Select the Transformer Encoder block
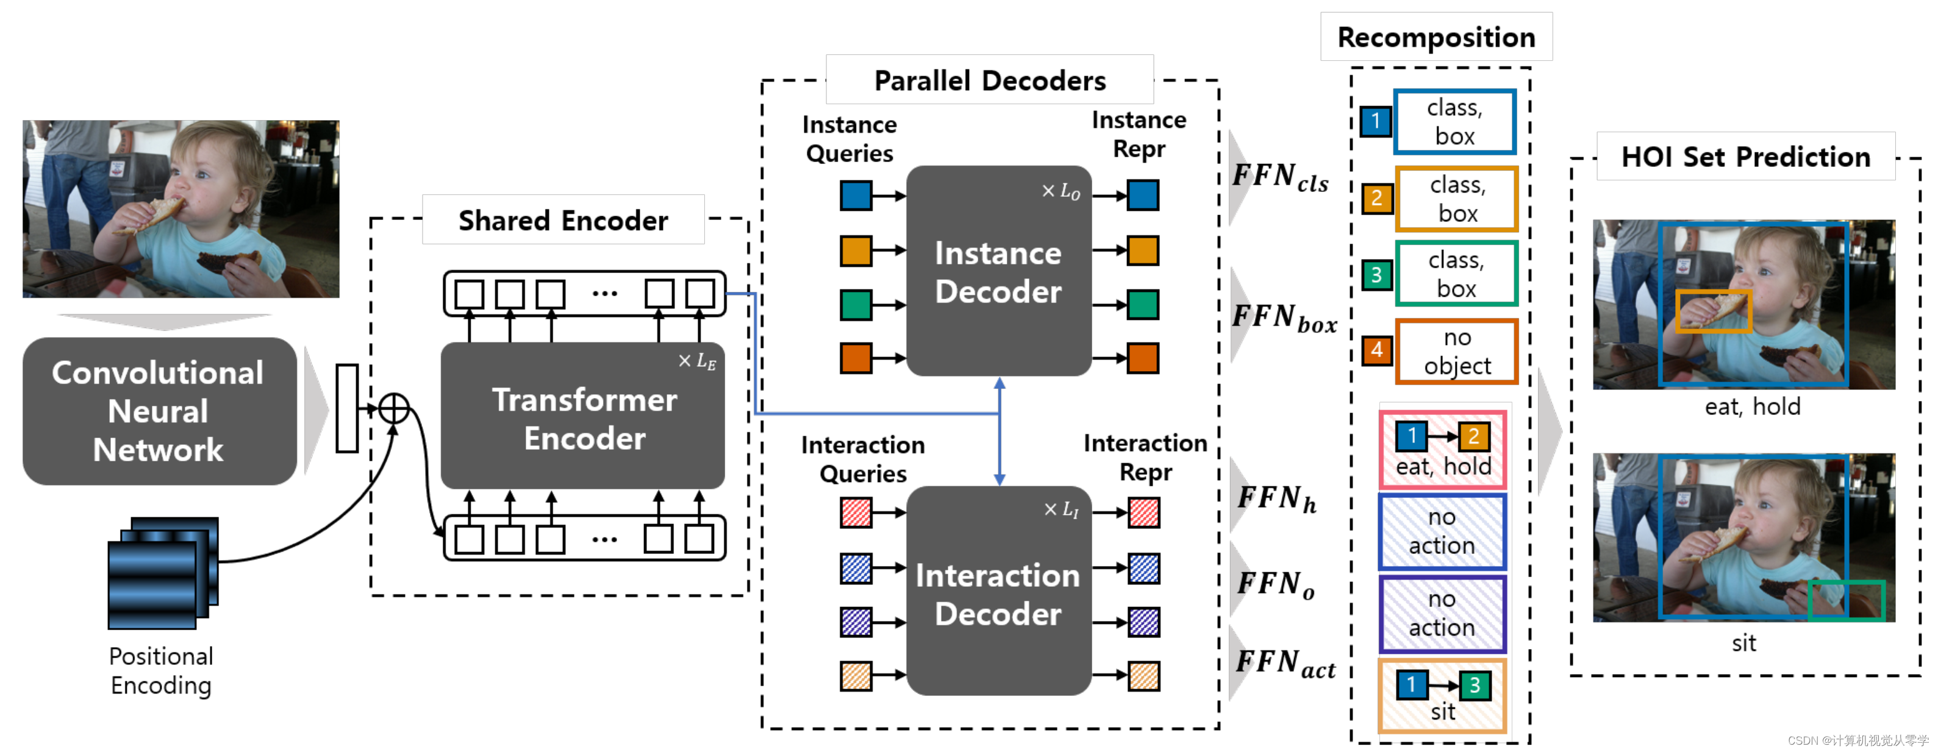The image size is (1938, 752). [x=583, y=416]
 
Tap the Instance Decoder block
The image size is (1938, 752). [x=999, y=271]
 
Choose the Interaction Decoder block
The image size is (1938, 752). [x=999, y=591]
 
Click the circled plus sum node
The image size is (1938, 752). [x=393, y=408]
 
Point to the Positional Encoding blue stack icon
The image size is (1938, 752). [x=163, y=573]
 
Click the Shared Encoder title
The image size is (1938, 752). [x=563, y=221]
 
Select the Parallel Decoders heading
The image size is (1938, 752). [x=990, y=80]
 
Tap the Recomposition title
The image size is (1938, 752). [x=1436, y=37]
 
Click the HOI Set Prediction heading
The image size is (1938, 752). [x=1745, y=157]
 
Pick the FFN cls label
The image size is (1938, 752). [x=1281, y=177]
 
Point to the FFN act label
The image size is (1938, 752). [x=1285, y=663]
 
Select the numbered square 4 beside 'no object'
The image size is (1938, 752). [x=1377, y=350]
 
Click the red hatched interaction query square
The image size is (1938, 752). [x=856, y=513]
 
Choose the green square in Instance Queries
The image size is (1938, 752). [x=856, y=305]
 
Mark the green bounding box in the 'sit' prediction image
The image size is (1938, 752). [x=1847, y=600]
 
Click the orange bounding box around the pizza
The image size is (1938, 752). [x=1714, y=311]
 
